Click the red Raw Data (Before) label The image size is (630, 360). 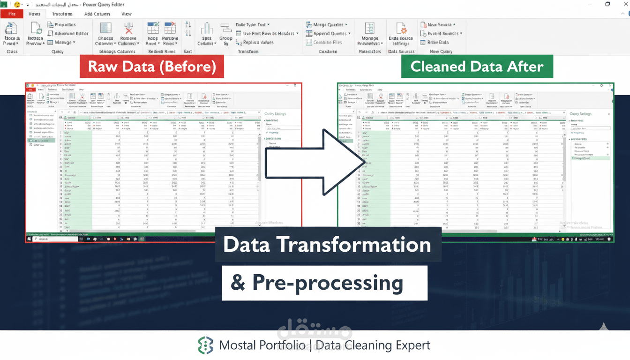tap(152, 67)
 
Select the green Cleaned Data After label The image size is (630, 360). tap(477, 67)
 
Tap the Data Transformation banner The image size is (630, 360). tap(327, 245)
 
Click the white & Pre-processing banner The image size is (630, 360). tap(324, 283)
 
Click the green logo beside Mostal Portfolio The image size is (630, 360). tap(205, 345)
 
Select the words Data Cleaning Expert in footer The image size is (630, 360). tap(373, 346)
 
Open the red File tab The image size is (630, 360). tap(12, 14)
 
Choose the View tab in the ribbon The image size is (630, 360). tap(127, 14)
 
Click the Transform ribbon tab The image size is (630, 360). tap(62, 14)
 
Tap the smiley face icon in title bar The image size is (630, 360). tap(17, 4)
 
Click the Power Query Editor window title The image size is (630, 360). tap(105, 4)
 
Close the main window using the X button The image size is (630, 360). tap(623, 4)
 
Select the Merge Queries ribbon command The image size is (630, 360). tap(327, 24)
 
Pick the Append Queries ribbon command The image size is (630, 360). tap(326, 33)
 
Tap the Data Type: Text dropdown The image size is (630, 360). tap(252, 24)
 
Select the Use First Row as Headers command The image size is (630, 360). tap(266, 33)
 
